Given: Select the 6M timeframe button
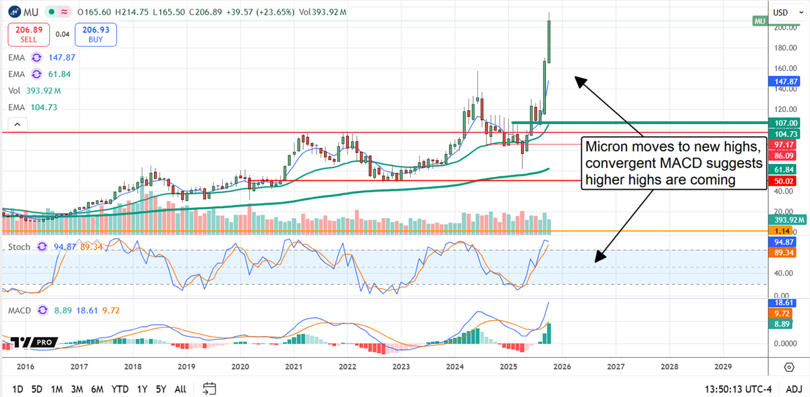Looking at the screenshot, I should (97, 389).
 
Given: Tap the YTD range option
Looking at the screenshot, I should (120, 389).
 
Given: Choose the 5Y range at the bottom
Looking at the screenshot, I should (161, 389).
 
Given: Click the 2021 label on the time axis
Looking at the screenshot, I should (294, 367).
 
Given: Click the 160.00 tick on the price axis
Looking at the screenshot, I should (784, 68).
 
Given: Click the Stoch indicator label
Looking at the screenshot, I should (19, 247).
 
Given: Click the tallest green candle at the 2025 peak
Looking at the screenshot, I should (549, 42).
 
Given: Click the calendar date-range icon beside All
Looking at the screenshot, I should (209, 389).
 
